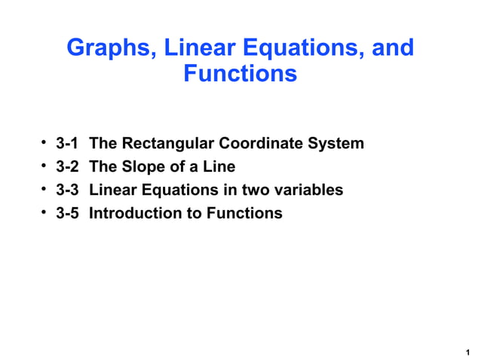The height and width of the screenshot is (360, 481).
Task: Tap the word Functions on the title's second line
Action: [x=240, y=75]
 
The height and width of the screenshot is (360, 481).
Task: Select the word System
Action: [x=335, y=143]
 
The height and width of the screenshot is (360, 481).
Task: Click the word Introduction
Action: [x=136, y=213]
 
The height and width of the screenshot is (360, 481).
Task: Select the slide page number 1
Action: [x=467, y=352]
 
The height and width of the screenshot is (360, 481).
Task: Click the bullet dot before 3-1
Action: [x=45, y=142]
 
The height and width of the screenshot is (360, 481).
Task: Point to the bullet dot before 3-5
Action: [x=45, y=212]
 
